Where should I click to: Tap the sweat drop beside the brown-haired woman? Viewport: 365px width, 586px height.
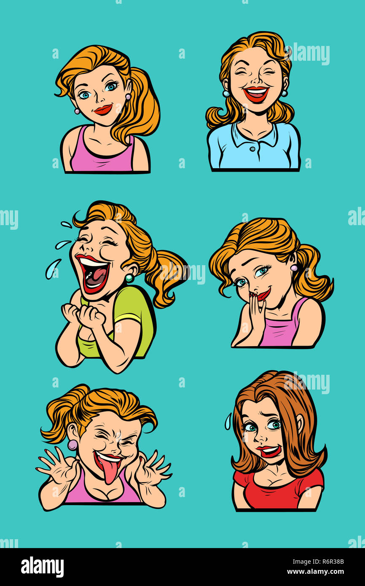[228, 421]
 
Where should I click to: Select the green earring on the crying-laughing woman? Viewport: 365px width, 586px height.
[130, 278]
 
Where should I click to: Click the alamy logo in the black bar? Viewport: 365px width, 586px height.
[42, 567]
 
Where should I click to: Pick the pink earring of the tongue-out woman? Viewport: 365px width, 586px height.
[72, 444]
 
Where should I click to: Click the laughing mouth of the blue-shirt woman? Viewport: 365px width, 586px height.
[256, 94]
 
